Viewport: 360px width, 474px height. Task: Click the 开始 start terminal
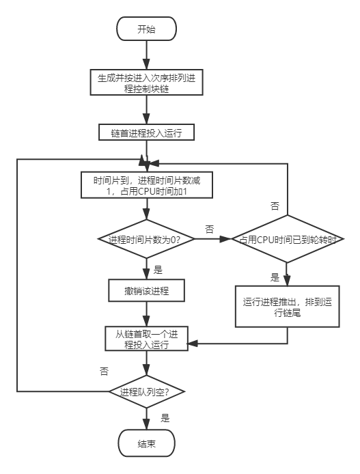tap(147, 29)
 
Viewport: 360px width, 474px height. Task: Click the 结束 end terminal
tap(147, 443)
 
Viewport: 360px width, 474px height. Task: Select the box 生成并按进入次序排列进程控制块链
tap(147, 82)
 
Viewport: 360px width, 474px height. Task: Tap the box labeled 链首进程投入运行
tap(147, 132)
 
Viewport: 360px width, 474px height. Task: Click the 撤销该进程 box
tap(147, 292)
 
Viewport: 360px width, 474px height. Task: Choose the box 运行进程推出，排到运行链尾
tap(288, 307)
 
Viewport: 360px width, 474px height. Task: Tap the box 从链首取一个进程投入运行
tap(147, 339)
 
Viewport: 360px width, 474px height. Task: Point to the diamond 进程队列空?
tap(147, 391)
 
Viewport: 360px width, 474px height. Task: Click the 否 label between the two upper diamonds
tap(210, 229)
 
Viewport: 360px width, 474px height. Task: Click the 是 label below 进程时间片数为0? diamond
tap(158, 269)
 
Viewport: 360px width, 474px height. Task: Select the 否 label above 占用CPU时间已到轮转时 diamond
tap(275, 206)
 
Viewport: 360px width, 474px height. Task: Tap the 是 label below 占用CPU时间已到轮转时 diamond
tap(275, 277)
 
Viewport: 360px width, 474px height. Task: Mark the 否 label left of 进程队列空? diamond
tap(104, 372)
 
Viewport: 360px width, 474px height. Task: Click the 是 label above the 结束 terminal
tap(165, 418)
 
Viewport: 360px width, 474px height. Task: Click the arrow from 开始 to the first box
tap(147, 55)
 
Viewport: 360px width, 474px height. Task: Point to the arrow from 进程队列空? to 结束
tap(147, 417)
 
